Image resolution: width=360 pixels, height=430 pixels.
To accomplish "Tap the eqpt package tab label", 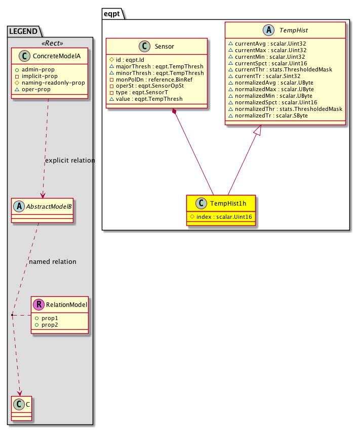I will [112, 14].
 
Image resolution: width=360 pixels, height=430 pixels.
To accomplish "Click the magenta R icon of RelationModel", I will [38, 305].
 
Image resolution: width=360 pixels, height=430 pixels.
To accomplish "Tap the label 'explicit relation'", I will [70, 161].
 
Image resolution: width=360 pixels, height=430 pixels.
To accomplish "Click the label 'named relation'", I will [53, 262].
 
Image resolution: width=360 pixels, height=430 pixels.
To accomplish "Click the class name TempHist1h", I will [227, 203].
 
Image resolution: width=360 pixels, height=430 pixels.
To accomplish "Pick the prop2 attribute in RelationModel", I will [50, 324].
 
